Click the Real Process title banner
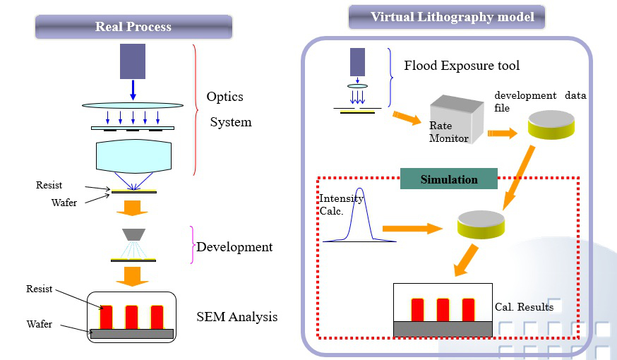pos(133,28)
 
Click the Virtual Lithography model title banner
pos(446,16)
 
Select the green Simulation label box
pos(449,179)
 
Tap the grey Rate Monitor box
pos(455,124)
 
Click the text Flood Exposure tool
pos(462,66)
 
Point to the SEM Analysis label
pos(236,317)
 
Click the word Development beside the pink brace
pos(234,247)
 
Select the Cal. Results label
pos(524,307)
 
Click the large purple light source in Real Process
pos(133,61)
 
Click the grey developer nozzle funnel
pos(133,234)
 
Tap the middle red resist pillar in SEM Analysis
pos(131,316)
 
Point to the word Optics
pos(225,97)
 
